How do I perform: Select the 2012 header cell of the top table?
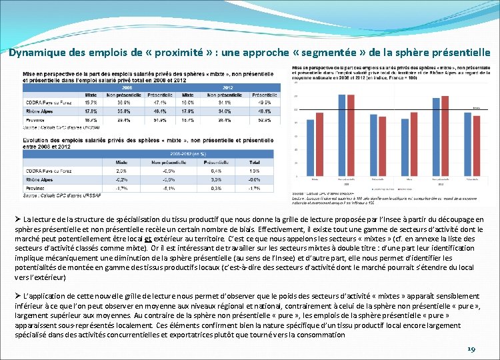click(228, 87)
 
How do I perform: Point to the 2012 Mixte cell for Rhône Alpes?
click(188, 111)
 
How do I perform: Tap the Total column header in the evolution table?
click(255, 162)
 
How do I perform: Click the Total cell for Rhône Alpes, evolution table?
click(255, 179)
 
